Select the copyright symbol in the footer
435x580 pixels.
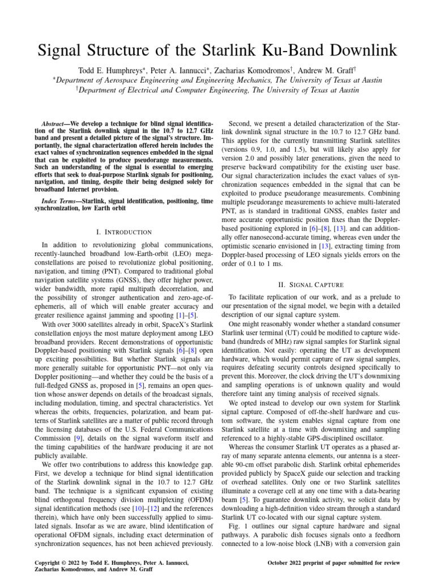(x=59, y=562)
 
